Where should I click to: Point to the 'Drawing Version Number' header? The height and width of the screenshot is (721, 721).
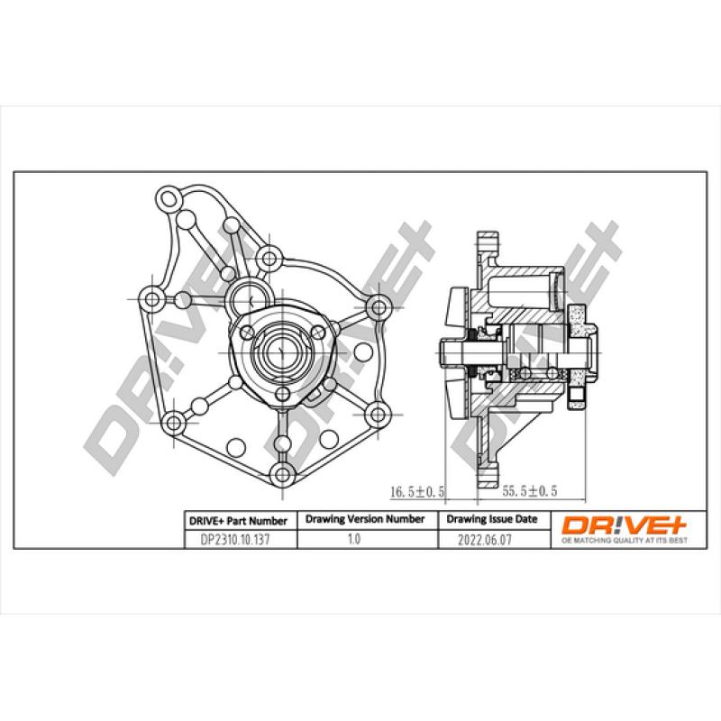[364, 520]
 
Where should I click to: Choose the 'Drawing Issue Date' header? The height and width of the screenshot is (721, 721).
[491, 520]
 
